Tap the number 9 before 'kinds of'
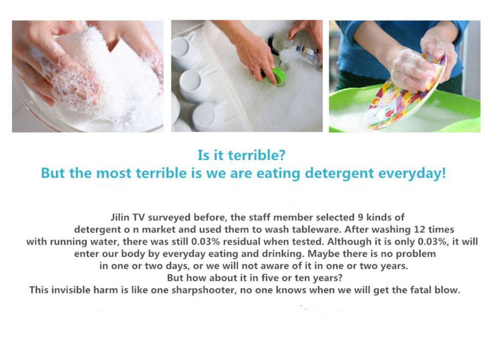pyautogui.click(x=361, y=217)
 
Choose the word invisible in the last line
pyautogui.click(x=71, y=290)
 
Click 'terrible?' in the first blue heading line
pyautogui.click(x=257, y=155)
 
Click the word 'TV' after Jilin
pyautogui.click(x=139, y=217)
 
